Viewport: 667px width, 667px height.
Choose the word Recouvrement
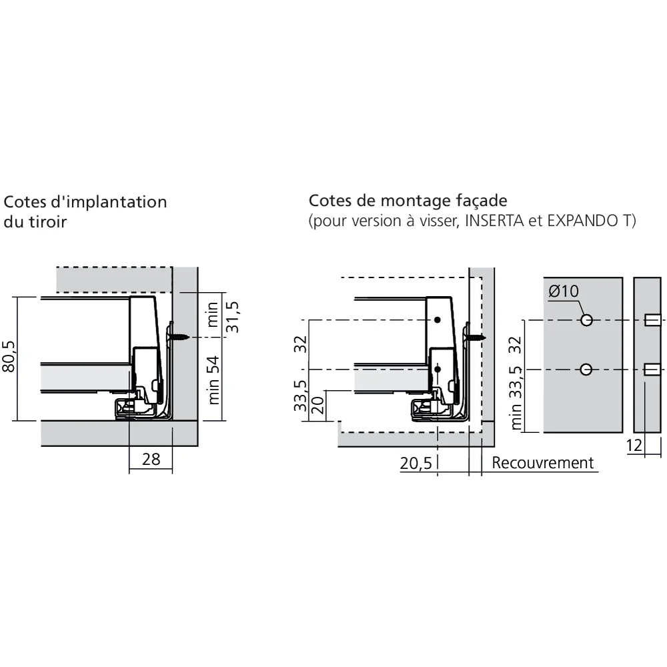pos(542,463)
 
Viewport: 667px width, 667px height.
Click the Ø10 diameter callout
pos(563,291)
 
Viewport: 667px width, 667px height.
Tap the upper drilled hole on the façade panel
pos(586,320)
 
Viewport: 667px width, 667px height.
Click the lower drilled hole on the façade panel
pos(586,370)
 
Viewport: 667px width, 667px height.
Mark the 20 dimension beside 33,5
pos(318,406)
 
